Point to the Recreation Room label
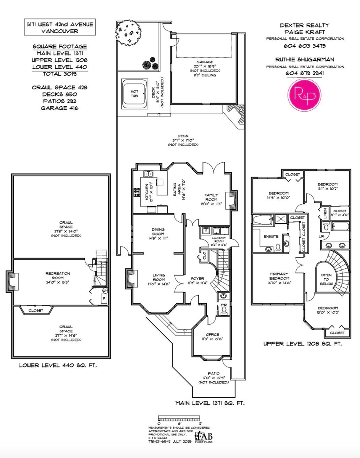click(58, 273)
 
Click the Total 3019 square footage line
click(59, 74)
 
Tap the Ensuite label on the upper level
click(271, 237)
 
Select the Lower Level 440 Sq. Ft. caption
click(58, 365)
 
